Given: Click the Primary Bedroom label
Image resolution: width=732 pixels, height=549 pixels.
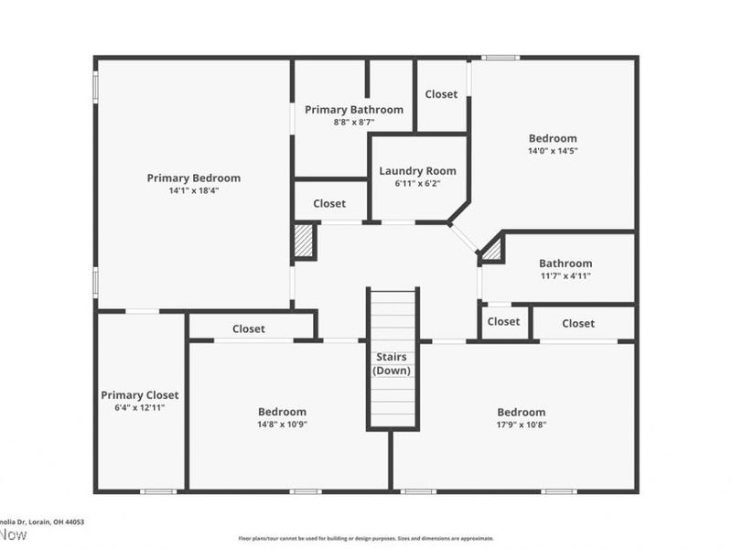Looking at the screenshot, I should click(x=194, y=178).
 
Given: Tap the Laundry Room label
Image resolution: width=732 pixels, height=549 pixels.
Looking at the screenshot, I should click(x=417, y=170).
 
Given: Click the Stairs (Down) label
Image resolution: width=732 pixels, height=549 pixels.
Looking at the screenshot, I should click(x=392, y=363).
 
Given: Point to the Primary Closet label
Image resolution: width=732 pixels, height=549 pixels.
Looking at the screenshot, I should click(x=140, y=394).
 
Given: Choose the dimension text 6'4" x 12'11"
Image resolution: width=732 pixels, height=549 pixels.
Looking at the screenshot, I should click(x=140, y=407).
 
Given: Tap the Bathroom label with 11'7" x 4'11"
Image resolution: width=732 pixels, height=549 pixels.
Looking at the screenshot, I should click(x=565, y=263).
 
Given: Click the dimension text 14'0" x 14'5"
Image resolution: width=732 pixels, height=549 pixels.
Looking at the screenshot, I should click(x=553, y=151).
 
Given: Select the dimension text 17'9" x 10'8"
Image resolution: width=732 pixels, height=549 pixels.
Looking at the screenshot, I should click(x=521, y=425).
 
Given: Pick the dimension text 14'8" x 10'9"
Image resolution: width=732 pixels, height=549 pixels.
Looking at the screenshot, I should click(x=282, y=425).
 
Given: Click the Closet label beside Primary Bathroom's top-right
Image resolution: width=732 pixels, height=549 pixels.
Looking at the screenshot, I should click(x=441, y=93).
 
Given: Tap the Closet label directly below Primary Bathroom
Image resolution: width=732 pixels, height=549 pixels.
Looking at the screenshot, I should click(x=329, y=203).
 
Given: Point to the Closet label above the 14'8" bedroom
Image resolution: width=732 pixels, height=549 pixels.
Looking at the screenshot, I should click(x=249, y=328).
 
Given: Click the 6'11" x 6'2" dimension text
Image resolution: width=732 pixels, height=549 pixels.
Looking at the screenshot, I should click(x=417, y=183).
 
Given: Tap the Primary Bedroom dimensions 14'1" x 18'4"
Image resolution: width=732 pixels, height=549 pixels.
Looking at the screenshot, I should click(x=194, y=190).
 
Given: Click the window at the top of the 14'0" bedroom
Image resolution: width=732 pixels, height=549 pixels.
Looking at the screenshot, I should click(x=501, y=58).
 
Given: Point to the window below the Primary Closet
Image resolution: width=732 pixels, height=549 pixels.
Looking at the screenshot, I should click(x=157, y=491).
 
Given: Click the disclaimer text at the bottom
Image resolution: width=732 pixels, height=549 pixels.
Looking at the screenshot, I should click(x=366, y=538).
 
